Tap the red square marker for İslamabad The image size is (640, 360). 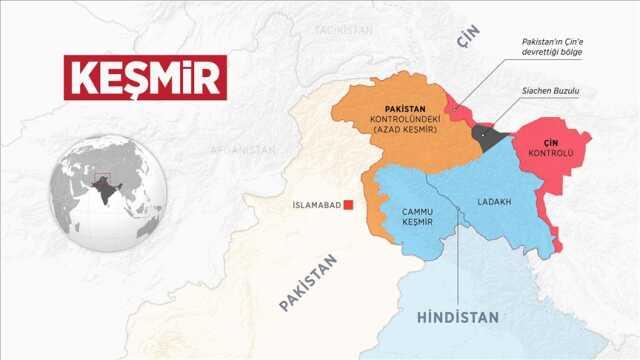(x=349, y=206)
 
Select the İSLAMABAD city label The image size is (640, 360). (x=313, y=206)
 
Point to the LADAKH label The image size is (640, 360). (x=494, y=201)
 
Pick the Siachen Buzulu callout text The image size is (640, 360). (x=550, y=92)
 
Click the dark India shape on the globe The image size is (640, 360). (x=102, y=200)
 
